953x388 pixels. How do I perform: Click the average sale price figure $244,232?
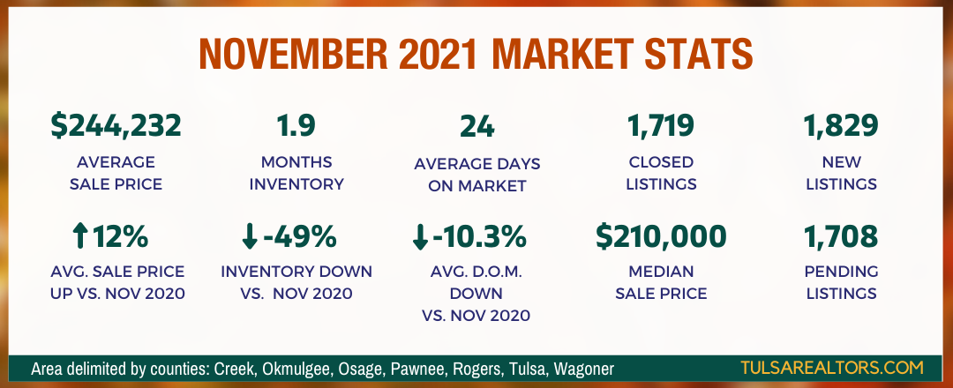(x=116, y=126)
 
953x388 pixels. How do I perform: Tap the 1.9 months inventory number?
(x=296, y=126)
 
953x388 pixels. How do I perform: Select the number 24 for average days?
(x=477, y=126)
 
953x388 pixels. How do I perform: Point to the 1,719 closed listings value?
(x=661, y=126)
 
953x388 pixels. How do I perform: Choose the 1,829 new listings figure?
(x=841, y=126)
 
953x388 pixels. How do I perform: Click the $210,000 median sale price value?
(x=661, y=236)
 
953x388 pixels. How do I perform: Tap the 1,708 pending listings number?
(x=841, y=237)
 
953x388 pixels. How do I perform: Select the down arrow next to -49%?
(x=249, y=236)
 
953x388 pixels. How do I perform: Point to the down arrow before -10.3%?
(x=420, y=237)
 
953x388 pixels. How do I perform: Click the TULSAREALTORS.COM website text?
(x=832, y=368)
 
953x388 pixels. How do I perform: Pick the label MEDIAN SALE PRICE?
(x=661, y=282)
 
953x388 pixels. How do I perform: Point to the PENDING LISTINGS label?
(x=841, y=282)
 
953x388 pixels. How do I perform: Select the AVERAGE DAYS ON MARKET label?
(x=477, y=175)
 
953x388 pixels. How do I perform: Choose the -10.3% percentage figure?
(x=479, y=237)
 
